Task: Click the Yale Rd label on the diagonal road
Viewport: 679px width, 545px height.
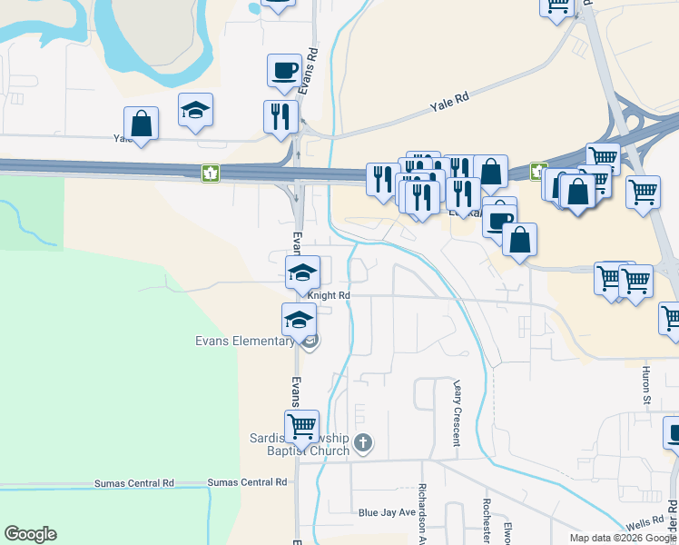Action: pyautogui.click(x=448, y=104)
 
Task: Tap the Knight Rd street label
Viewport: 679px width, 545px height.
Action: pyautogui.click(x=329, y=295)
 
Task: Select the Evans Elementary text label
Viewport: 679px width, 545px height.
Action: pyautogui.click(x=244, y=342)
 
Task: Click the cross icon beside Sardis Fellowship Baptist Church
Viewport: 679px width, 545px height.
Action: pyautogui.click(x=363, y=443)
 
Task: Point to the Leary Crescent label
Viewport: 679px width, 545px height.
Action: pyautogui.click(x=457, y=413)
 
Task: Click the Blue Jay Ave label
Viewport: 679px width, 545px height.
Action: pyautogui.click(x=386, y=512)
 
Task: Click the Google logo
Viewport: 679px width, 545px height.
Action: pyautogui.click(x=30, y=534)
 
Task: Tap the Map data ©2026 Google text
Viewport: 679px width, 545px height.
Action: pyautogui.click(x=623, y=538)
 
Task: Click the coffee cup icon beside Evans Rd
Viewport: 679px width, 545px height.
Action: pyautogui.click(x=284, y=70)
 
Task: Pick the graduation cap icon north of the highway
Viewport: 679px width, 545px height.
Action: pyautogui.click(x=195, y=111)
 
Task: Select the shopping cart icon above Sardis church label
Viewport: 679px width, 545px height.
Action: pyautogui.click(x=301, y=425)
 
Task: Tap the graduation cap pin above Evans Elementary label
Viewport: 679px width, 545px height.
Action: pyautogui.click(x=299, y=320)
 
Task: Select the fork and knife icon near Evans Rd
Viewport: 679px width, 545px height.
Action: pyautogui.click(x=280, y=116)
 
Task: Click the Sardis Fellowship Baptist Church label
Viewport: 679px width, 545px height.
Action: pyautogui.click(x=300, y=444)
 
